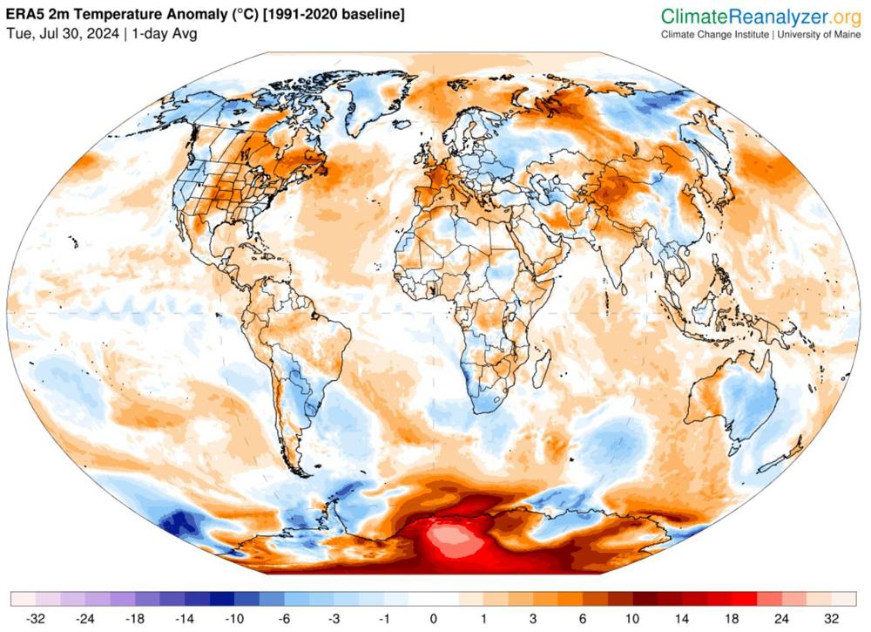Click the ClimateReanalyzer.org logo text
[x=760, y=17]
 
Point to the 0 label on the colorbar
[x=433, y=620]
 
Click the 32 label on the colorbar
[x=832, y=620]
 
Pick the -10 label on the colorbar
[x=234, y=620]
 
